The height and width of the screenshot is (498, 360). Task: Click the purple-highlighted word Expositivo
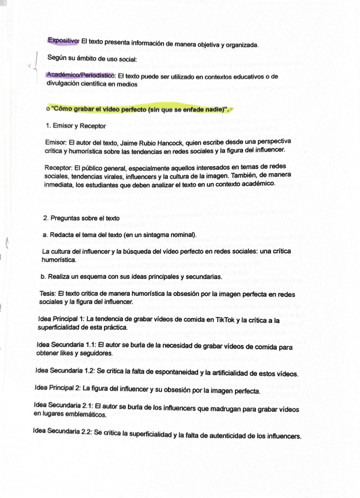tap(63, 41)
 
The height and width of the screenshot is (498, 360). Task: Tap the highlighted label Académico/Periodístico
tap(80, 76)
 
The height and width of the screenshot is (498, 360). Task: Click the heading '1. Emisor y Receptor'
tap(76, 126)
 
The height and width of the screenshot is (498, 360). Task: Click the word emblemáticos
tap(86, 415)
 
